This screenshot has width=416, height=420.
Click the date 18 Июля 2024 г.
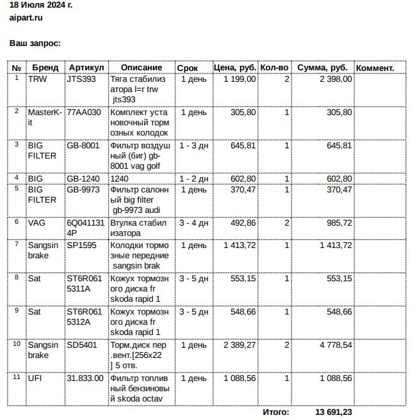pyautogui.click(x=41, y=5)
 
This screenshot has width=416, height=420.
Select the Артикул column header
pyautogui.click(x=86, y=68)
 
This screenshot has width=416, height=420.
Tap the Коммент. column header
pyautogui.click(x=374, y=68)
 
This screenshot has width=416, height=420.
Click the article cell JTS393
pyautogui.click(x=81, y=79)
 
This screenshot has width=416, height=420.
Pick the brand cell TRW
pyautogui.click(x=37, y=79)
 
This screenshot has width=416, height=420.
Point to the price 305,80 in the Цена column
pyautogui.click(x=243, y=113)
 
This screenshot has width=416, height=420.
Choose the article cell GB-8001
pyautogui.click(x=83, y=146)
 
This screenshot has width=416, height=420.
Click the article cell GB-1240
pyautogui.click(x=83, y=179)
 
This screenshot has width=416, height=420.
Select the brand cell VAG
pyautogui.click(x=37, y=223)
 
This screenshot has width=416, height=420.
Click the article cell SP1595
pyautogui.click(x=82, y=245)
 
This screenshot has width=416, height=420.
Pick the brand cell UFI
pyautogui.click(x=35, y=378)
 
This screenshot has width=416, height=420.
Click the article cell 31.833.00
pyautogui.click(x=85, y=378)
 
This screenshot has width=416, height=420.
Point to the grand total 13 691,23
pyautogui.click(x=333, y=412)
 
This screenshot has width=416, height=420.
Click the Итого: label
pyautogui.click(x=276, y=412)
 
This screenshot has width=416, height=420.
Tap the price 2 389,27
pyautogui.click(x=239, y=345)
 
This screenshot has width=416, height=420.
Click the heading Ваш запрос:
pyautogui.click(x=35, y=43)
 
